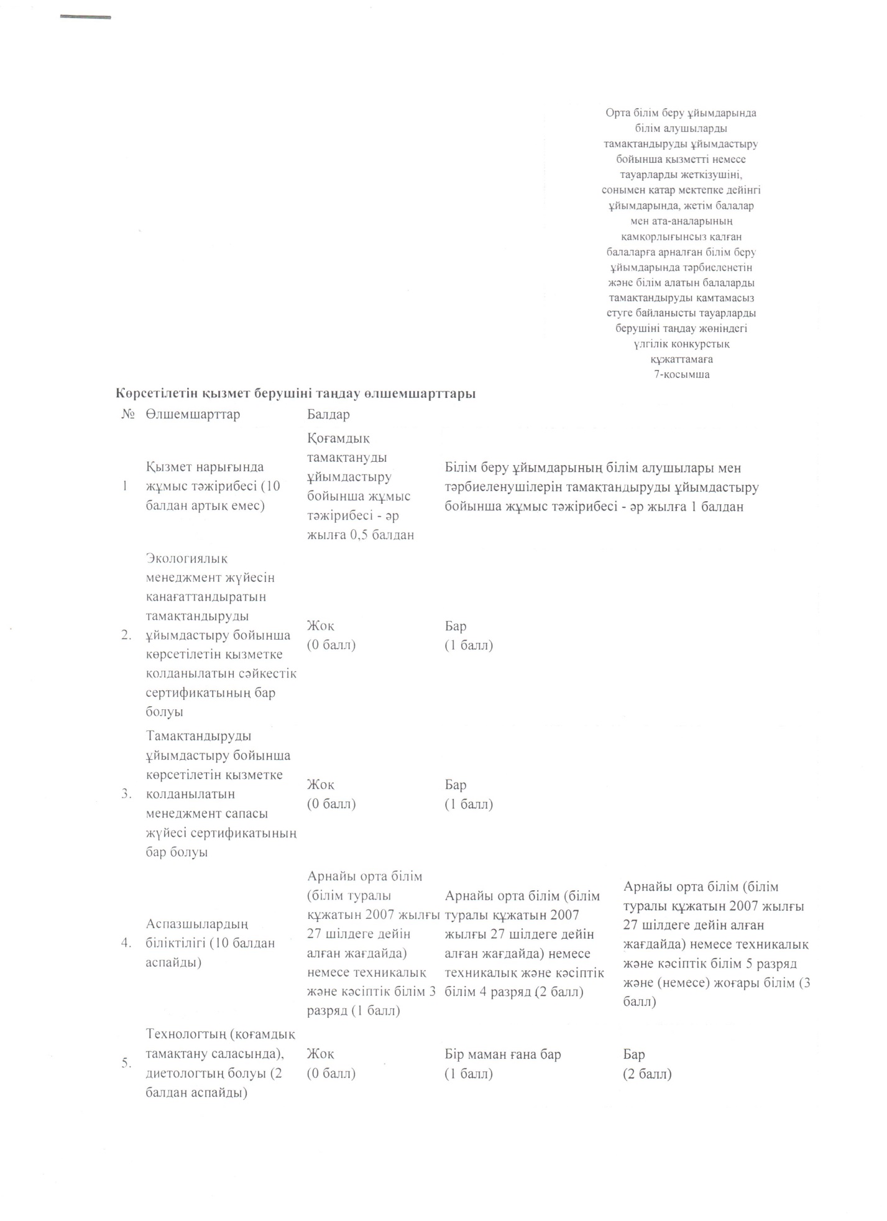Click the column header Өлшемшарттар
[x=193, y=415]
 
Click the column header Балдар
[x=328, y=415]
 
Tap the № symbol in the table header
[x=128, y=415]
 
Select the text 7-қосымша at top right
[x=681, y=374]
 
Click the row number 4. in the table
[x=127, y=943]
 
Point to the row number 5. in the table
[x=127, y=1063]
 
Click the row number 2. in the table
[x=127, y=635]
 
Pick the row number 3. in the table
[x=127, y=794]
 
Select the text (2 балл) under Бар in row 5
[x=647, y=1074]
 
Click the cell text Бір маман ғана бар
[x=503, y=1054]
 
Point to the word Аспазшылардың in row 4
[x=197, y=924]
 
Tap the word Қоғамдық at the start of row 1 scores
[x=338, y=438]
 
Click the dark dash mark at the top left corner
[x=85, y=17]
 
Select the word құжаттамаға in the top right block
[x=681, y=359]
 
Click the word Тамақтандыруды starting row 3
[x=199, y=736]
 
